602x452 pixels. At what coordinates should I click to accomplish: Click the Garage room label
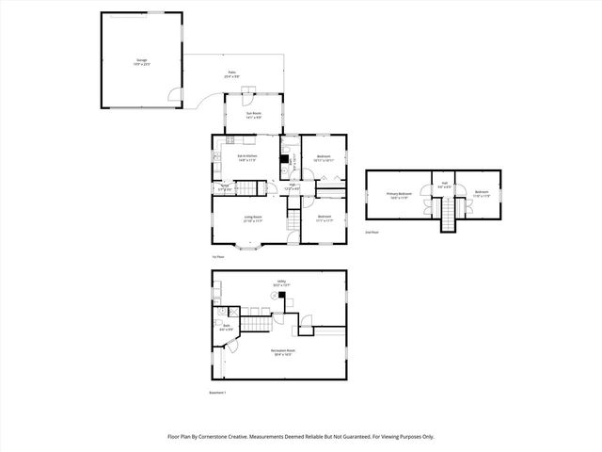[141, 62]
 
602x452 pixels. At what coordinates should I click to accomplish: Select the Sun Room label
[254, 116]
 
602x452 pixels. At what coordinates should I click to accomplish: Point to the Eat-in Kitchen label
[246, 157]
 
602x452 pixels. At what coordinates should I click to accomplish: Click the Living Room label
[253, 219]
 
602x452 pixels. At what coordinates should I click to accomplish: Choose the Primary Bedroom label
[400, 194]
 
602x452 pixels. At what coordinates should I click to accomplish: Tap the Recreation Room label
[282, 354]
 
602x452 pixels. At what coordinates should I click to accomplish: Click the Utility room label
[281, 283]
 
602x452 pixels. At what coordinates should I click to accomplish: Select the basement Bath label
[226, 330]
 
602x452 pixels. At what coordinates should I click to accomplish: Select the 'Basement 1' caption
[218, 393]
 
